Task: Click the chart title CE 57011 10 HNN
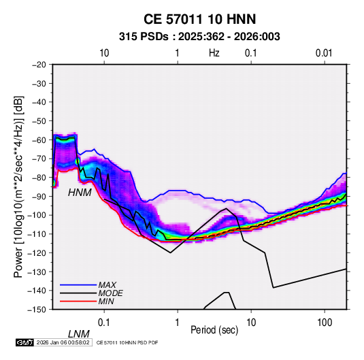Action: [199, 19]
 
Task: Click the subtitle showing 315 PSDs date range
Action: [199, 37]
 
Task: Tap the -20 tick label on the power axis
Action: [39, 65]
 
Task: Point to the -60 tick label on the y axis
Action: [39, 140]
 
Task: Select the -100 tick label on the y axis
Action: [37, 215]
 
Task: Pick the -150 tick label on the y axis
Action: [37, 310]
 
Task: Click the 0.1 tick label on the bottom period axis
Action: [104, 323]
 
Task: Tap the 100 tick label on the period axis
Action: [325, 323]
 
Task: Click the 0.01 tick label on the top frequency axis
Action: [324, 53]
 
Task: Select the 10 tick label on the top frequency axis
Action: [104, 53]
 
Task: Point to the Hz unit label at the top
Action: [214, 53]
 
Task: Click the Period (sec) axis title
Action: [214, 330]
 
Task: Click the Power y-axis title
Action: [18, 186]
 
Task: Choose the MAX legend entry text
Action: [107, 285]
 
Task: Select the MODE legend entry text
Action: [110, 293]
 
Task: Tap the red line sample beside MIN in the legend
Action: [78, 301]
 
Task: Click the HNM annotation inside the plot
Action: [80, 193]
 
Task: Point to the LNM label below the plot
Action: [78, 334]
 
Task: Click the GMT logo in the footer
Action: [25, 342]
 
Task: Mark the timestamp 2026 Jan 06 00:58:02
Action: [63, 342]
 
